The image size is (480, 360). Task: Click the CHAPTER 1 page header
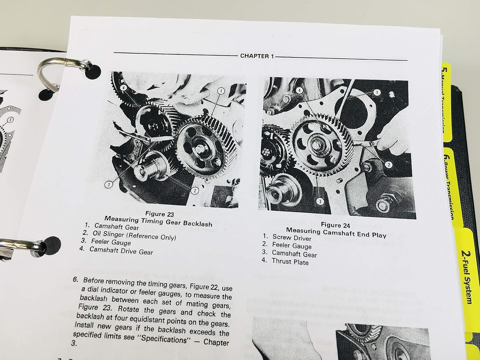coord(257,56)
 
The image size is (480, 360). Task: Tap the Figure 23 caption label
coord(160,214)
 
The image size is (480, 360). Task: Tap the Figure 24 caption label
coord(335,225)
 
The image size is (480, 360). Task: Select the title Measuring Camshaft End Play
coord(336,233)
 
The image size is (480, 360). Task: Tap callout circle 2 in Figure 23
coord(195,191)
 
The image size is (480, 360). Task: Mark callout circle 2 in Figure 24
coord(388,165)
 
